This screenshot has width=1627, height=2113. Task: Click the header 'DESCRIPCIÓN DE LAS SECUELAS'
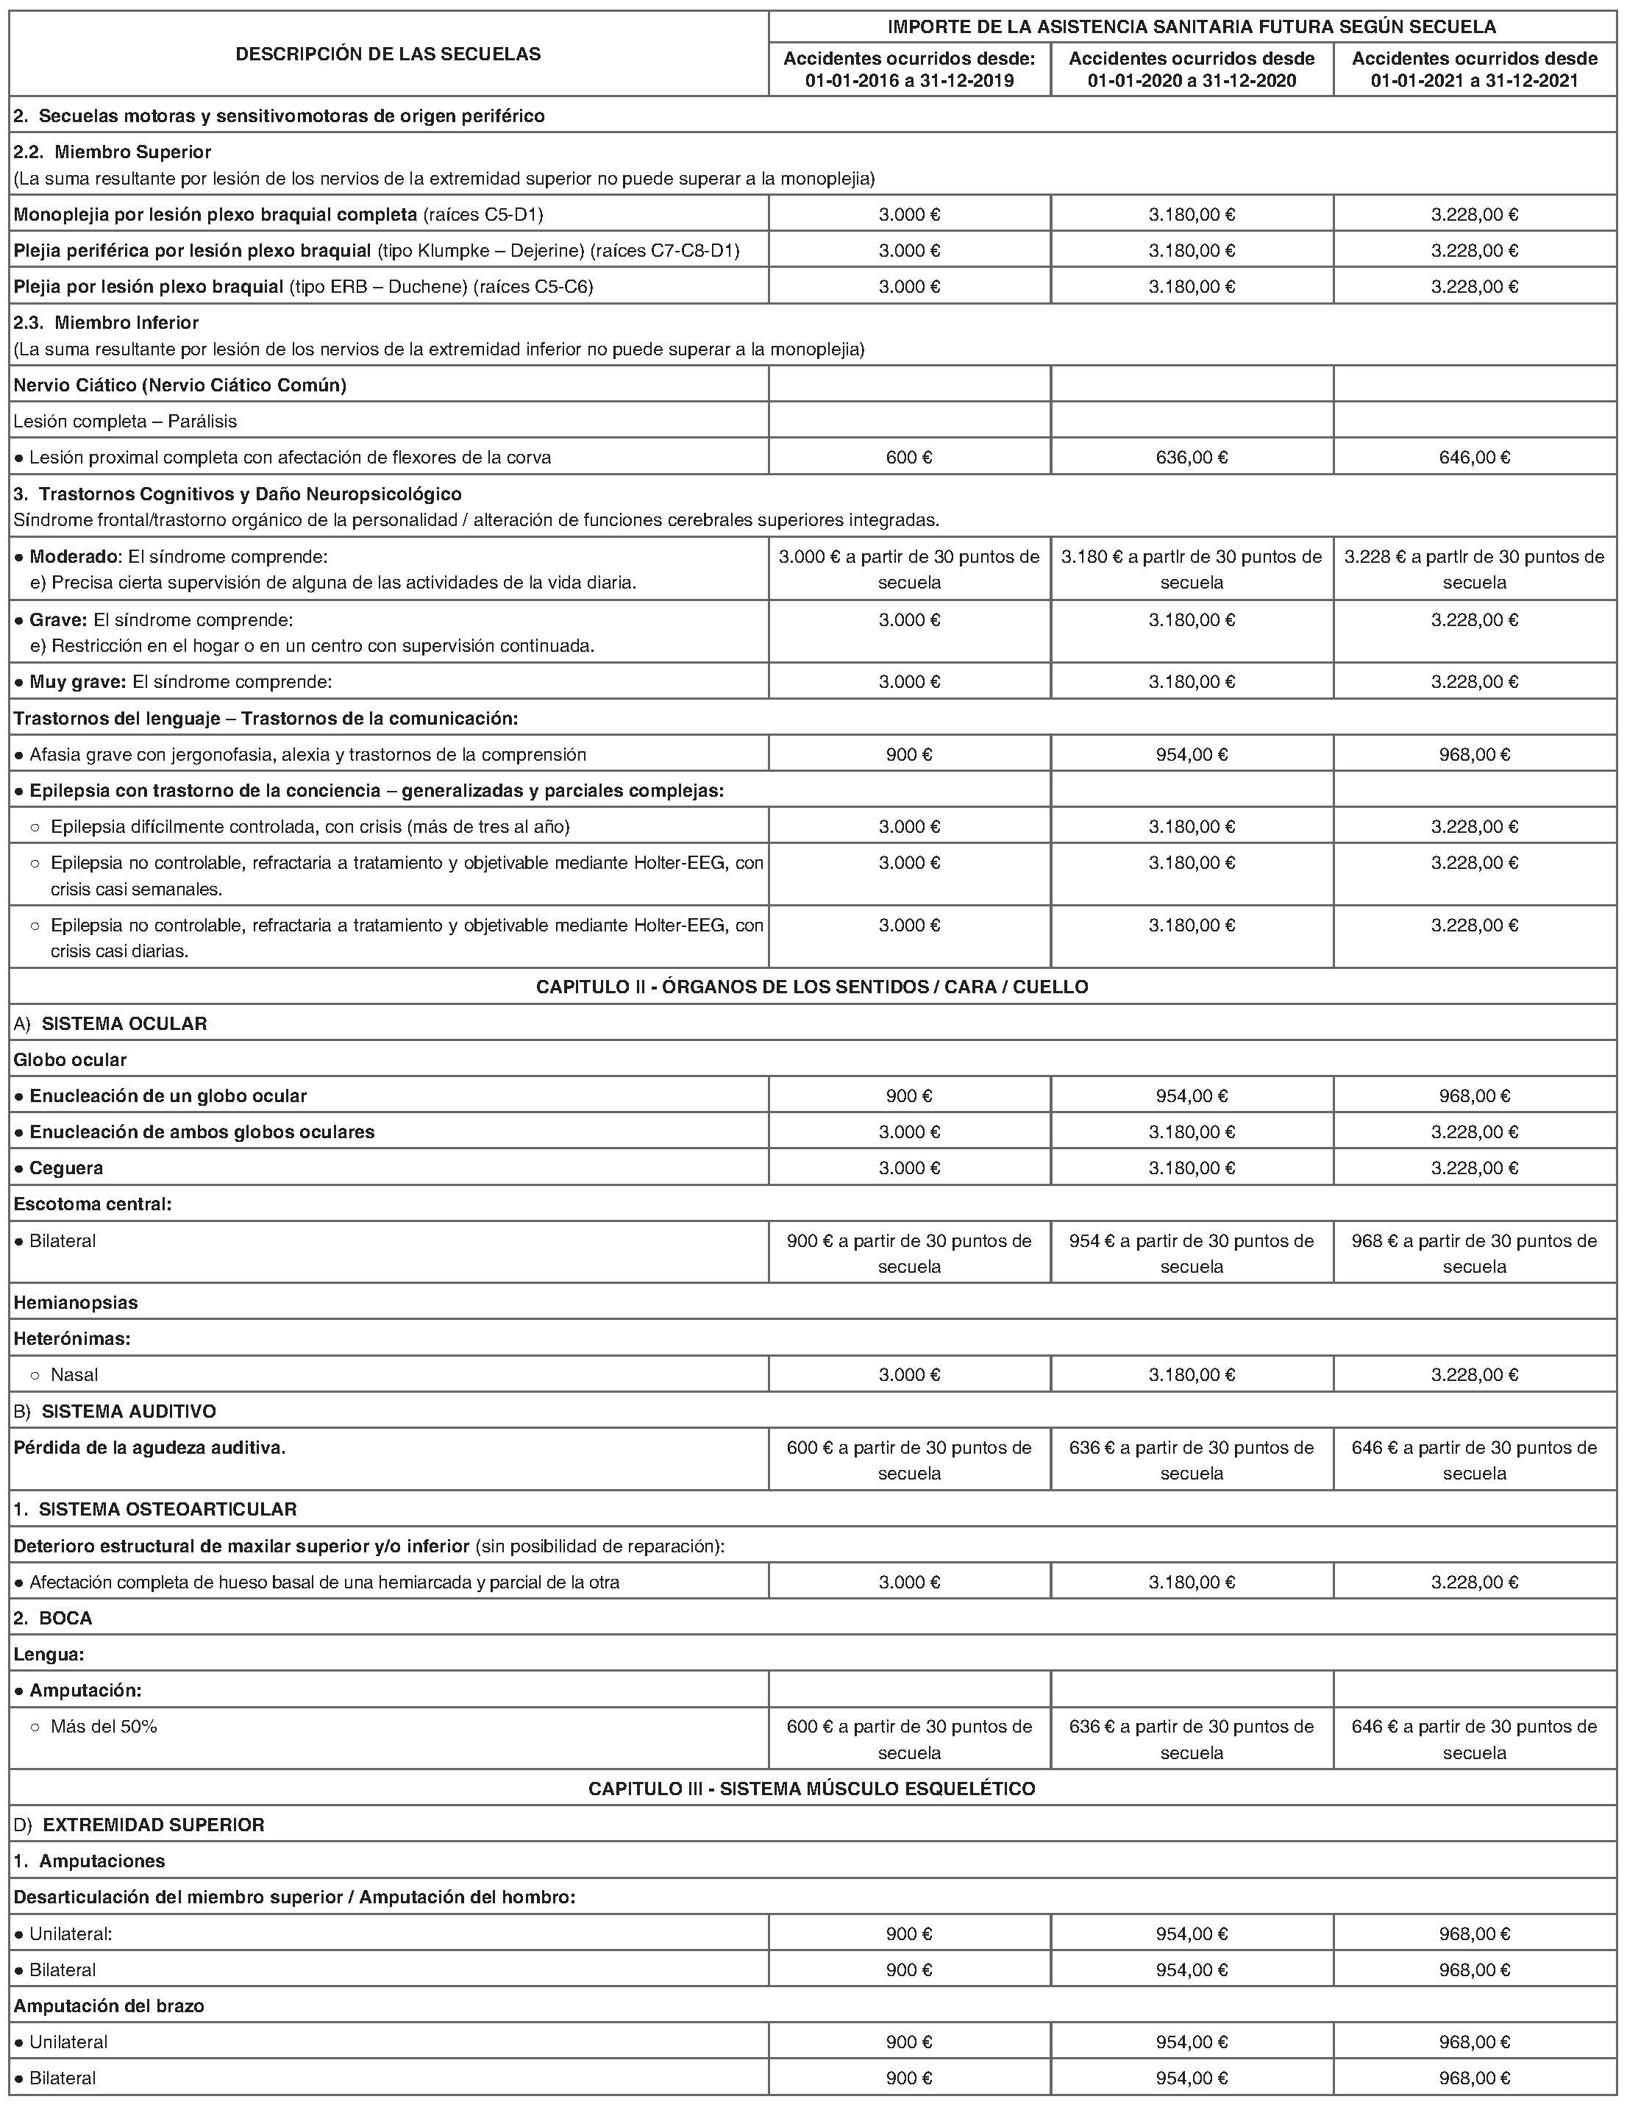tap(388, 54)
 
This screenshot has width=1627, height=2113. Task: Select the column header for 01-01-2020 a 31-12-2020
tap(1192, 70)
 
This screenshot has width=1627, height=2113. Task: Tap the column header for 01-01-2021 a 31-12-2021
tap(1474, 70)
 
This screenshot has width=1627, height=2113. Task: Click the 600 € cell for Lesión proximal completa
tap(909, 457)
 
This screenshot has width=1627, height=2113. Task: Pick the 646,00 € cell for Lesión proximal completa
tap(1474, 457)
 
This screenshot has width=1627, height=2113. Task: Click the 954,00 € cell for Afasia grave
tap(1192, 753)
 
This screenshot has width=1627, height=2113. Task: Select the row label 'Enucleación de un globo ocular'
tap(168, 1096)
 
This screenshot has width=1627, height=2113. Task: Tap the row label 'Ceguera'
tap(65, 1168)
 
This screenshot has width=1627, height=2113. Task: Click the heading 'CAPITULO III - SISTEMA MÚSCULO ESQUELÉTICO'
tap(813, 1789)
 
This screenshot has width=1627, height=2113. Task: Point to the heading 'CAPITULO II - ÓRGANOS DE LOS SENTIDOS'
tap(813, 987)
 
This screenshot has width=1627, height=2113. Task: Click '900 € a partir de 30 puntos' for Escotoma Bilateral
tap(909, 1253)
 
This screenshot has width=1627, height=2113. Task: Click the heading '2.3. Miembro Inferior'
tap(107, 322)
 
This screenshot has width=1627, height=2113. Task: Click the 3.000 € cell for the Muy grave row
tap(909, 682)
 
